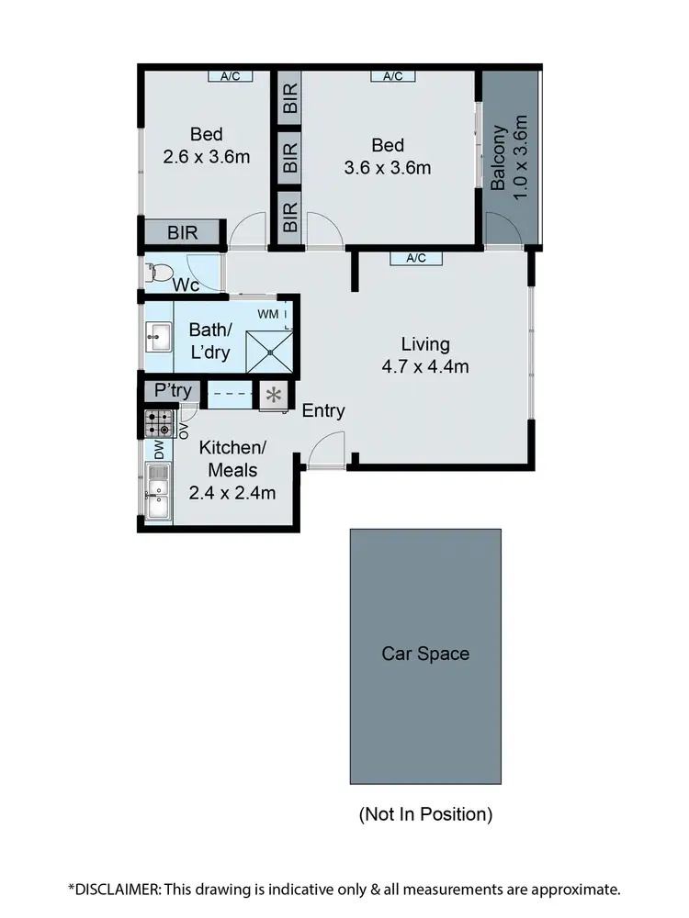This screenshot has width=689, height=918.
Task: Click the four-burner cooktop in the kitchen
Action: point(157,423)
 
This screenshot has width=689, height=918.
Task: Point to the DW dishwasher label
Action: point(159,451)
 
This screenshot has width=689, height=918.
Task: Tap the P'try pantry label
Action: point(173,391)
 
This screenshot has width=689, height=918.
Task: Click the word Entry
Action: point(323,410)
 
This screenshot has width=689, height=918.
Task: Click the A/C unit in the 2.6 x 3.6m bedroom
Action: point(231,76)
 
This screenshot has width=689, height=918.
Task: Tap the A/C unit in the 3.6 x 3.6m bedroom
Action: point(392,76)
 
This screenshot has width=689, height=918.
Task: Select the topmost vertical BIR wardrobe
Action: point(289,100)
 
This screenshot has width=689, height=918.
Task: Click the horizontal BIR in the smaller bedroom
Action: point(183,233)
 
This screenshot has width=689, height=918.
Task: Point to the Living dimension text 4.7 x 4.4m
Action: point(425,367)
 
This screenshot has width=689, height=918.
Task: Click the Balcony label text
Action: point(499,158)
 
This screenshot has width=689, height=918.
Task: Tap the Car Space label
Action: point(425,654)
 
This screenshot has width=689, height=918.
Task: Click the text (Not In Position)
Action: point(425,813)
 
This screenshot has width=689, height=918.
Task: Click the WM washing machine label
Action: point(267,315)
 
